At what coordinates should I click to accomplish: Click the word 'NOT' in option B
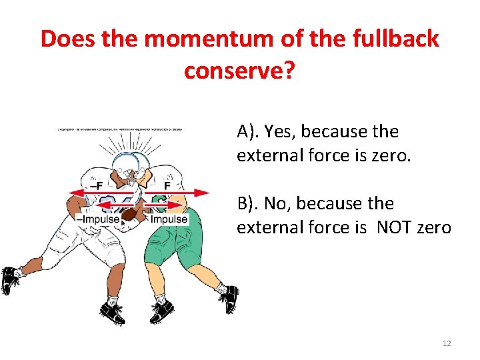pos(397,228)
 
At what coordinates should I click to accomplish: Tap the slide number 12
pos(447,343)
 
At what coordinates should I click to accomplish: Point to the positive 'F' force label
pos(168,185)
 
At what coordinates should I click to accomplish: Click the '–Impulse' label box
pos(98,219)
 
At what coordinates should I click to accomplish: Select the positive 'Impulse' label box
pos(169,219)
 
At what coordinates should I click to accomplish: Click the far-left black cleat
pos(9,280)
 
